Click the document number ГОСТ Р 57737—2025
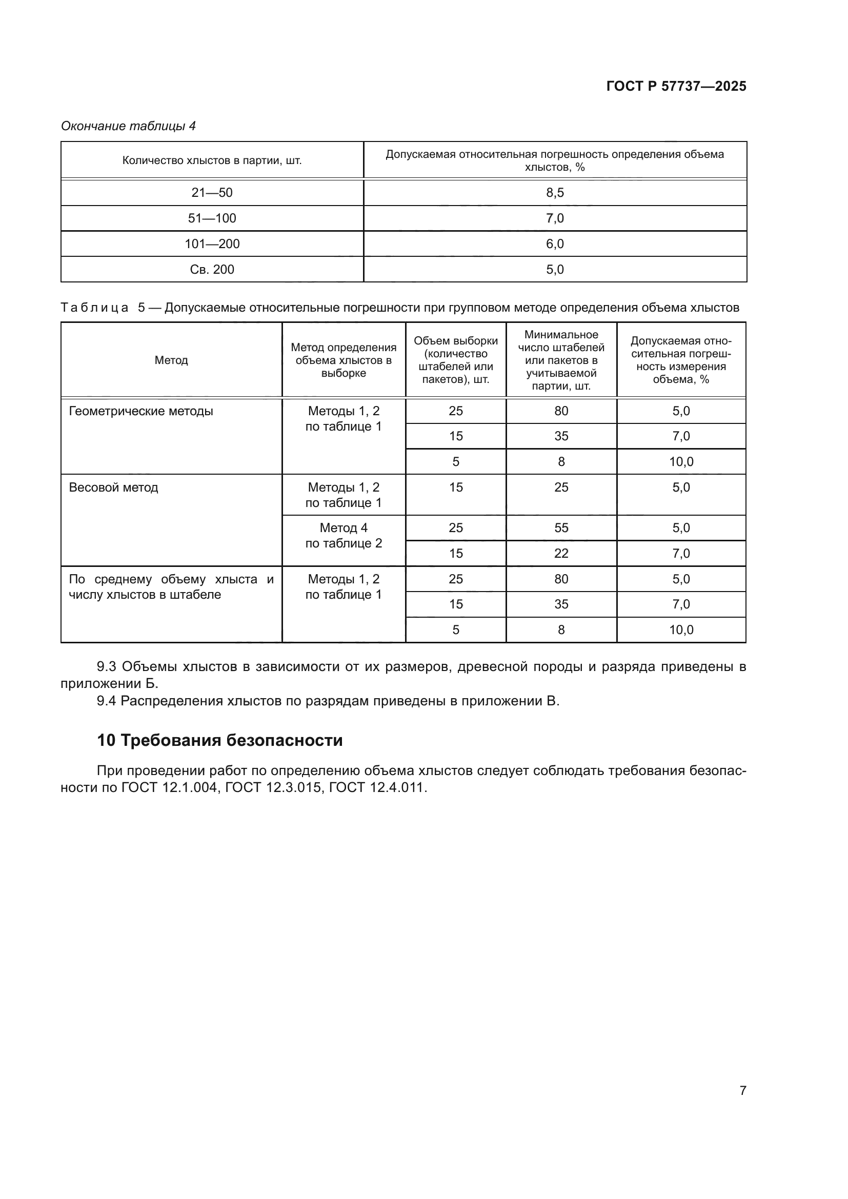[676, 86]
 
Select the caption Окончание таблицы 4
[129, 126]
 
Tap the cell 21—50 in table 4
[212, 193]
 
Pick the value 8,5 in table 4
[555, 193]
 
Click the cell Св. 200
[212, 270]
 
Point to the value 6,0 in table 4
[555, 244]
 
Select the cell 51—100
[212, 218]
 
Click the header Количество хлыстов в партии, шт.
[212, 160]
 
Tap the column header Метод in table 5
[171, 360]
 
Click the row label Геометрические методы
[141, 411]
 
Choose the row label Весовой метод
[113, 487]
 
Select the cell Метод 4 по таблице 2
[344, 535]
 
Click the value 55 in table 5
[561, 527]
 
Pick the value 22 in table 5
[561, 553]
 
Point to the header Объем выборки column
[456, 360]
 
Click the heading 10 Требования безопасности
[220, 740]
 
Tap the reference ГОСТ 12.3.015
[273, 787]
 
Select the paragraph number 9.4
[106, 701]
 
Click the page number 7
[742, 1090]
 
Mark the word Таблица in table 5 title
[94, 308]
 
